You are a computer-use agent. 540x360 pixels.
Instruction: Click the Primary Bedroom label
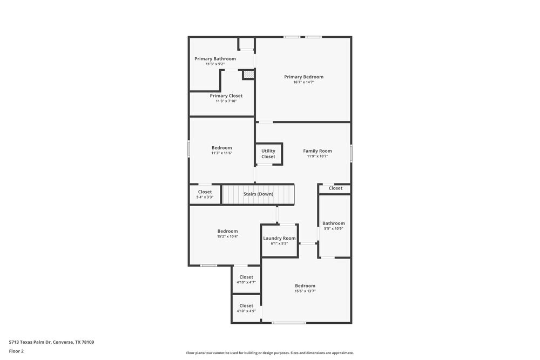coord(303,77)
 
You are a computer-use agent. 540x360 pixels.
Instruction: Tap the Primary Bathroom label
coord(215,59)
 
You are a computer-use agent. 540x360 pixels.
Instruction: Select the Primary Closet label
coord(226,96)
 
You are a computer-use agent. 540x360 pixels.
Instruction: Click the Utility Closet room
coord(268,154)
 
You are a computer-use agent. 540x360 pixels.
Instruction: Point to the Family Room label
coord(317,151)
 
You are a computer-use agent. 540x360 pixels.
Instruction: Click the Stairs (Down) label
coord(258,194)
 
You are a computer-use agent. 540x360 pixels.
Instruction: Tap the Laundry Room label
coord(279,238)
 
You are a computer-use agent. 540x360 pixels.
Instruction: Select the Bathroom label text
coord(333,223)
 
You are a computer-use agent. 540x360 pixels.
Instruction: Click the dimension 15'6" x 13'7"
coord(305,291)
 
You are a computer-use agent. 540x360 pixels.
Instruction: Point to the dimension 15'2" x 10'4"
coord(227,236)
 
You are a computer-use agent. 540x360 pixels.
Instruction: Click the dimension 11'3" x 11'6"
coord(221,153)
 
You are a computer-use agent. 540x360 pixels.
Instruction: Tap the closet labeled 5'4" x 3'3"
coord(205,194)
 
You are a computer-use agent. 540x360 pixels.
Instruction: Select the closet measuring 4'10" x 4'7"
coord(246,280)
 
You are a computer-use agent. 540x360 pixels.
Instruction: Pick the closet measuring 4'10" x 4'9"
coord(246,308)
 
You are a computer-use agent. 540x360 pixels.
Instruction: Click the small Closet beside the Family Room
coord(335,188)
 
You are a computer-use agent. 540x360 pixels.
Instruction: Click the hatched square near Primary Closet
coord(248,75)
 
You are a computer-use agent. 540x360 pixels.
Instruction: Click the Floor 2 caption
coord(16,351)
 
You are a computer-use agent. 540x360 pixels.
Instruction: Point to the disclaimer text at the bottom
coord(269,353)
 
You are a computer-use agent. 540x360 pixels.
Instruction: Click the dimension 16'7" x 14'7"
coord(303,82)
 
